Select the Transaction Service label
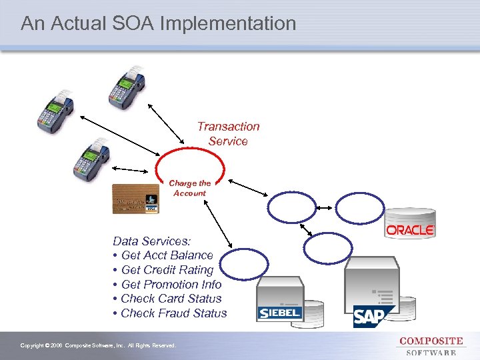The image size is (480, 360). pyautogui.click(x=228, y=133)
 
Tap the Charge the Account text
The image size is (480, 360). pyautogui.click(x=189, y=188)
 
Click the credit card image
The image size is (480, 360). pyautogui.click(x=136, y=198)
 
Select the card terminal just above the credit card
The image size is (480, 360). pyautogui.click(x=89, y=161)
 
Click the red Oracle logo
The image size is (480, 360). pyautogui.click(x=410, y=230)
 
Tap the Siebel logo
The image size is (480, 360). pyautogui.click(x=279, y=313)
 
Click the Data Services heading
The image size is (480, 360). pyautogui.click(x=152, y=241)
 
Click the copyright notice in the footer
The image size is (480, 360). pyautogui.click(x=98, y=345)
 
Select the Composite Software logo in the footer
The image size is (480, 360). pyautogui.click(x=431, y=346)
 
